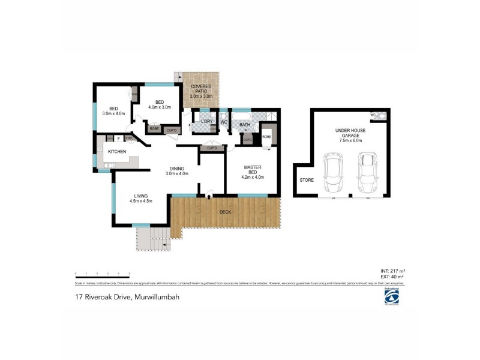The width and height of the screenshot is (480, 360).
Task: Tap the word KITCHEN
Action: (117, 151)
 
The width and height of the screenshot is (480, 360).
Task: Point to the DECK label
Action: (226, 212)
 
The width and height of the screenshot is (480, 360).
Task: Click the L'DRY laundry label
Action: (207, 122)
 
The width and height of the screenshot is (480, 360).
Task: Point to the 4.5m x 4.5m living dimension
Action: (141, 200)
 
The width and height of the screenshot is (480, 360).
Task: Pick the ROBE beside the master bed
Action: (266, 136)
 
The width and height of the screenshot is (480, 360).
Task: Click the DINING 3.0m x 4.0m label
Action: (177, 171)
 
